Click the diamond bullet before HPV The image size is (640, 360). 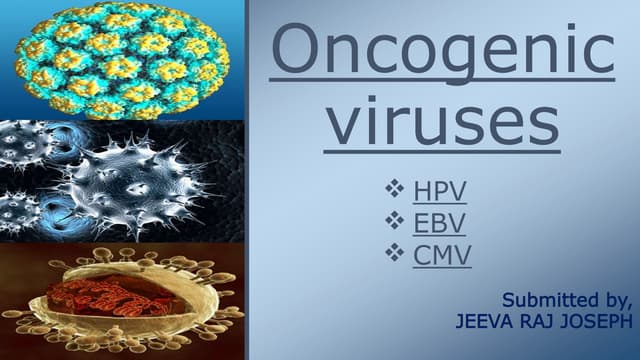click(393, 187)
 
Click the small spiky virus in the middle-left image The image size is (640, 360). click(25, 150)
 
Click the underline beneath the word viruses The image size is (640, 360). click(444, 153)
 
